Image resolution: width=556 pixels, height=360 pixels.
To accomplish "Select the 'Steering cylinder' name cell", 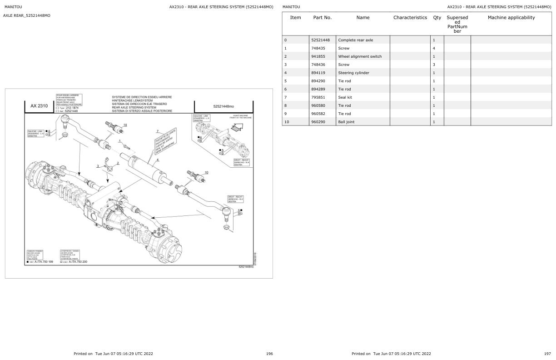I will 353,73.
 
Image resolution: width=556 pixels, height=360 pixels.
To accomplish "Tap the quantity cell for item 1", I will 434,48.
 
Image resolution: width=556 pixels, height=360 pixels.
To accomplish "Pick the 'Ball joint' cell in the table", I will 346,122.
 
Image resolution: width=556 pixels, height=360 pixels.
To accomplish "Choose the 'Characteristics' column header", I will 410,18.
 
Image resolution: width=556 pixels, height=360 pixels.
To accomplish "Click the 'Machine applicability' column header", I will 511,18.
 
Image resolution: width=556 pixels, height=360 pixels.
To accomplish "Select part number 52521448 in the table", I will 320,40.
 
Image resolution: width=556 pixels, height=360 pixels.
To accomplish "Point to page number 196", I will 269,354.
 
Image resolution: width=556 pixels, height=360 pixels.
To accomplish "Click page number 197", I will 547,354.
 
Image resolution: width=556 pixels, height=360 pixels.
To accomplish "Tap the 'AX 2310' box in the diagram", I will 39,106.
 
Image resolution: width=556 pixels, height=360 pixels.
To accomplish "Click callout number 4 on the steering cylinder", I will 158,160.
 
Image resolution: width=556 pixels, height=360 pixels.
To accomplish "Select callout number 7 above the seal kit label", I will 157,131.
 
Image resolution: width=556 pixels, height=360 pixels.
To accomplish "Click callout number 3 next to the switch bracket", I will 97,166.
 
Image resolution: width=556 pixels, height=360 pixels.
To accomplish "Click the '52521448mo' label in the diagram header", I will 223,106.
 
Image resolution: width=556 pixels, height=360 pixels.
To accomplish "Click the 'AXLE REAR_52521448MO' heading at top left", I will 27,15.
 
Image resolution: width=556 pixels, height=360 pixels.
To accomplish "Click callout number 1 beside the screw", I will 119,141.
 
